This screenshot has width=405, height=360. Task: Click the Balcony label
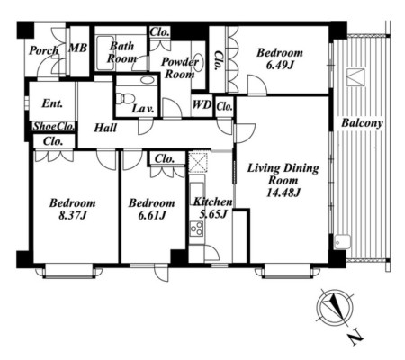click(363, 123)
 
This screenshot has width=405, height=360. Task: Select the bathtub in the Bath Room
click(105, 53)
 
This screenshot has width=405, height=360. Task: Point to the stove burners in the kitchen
click(196, 228)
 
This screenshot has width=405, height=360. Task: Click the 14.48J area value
click(283, 193)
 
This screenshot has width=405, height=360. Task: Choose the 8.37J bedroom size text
click(73, 215)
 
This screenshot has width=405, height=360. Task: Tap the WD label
click(202, 105)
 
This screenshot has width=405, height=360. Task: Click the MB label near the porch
click(78, 48)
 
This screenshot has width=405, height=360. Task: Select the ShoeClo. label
click(54, 127)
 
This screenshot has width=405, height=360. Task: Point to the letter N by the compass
click(357, 337)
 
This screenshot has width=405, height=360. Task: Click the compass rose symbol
click(335, 309)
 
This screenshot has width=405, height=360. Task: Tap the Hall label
click(105, 128)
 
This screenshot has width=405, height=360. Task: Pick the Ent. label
click(52, 103)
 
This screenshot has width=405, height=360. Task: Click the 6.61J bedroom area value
click(152, 215)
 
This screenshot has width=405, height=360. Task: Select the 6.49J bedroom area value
click(280, 65)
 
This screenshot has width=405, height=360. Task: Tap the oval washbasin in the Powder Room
click(198, 62)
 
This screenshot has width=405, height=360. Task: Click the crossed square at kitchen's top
click(197, 162)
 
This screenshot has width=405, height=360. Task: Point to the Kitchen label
click(212, 202)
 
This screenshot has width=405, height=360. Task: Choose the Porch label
click(44, 51)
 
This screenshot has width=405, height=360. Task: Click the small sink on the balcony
click(343, 241)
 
